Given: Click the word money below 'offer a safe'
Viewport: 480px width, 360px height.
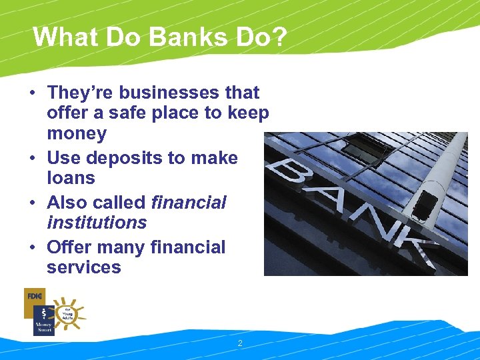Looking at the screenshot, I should click(x=77, y=134).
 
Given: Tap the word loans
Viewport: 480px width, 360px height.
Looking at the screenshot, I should click(x=71, y=178).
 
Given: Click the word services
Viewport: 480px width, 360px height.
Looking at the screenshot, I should click(x=84, y=267).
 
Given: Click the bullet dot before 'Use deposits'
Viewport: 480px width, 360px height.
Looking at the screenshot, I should click(x=33, y=159).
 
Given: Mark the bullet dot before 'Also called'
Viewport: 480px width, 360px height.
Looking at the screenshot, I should click(x=33, y=203).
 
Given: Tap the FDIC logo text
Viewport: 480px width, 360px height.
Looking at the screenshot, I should click(x=34, y=296).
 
